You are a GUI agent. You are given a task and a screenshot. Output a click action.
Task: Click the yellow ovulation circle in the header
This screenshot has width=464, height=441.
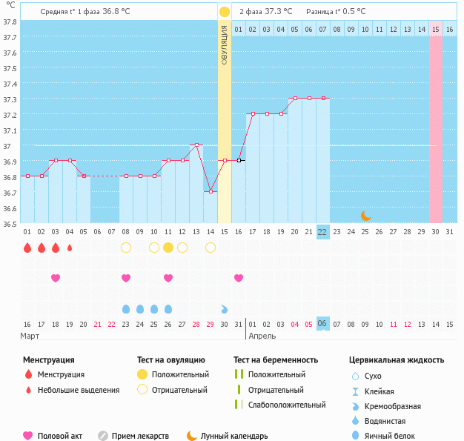(224, 12)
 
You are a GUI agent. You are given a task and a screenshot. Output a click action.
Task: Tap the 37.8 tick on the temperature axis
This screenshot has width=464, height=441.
(10, 21)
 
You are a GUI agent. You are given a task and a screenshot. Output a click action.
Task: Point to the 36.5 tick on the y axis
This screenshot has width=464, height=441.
(10, 223)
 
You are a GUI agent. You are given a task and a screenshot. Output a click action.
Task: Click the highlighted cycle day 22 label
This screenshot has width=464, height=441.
(322, 232)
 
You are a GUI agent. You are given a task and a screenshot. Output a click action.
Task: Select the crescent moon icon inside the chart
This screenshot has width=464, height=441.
(365, 216)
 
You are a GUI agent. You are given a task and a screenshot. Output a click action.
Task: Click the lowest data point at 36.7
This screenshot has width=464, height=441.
(211, 191)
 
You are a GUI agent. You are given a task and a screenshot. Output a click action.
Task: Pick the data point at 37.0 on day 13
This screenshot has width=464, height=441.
(196, 145)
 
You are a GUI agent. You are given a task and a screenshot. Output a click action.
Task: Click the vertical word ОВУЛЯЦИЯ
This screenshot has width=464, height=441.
(224, 44)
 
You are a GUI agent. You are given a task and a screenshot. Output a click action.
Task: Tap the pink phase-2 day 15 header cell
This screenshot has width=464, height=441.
(436, 29)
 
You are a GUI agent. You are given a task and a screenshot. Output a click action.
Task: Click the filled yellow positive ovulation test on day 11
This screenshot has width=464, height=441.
(168, 248)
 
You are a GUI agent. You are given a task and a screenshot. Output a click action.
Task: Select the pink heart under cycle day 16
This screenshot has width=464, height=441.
(239, 278)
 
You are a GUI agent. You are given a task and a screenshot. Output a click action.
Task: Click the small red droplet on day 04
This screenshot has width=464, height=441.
(70, 248)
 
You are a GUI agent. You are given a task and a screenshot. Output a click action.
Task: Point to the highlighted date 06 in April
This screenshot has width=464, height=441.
(322, 324)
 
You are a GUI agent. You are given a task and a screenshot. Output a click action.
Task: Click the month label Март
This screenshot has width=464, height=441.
(30, 336)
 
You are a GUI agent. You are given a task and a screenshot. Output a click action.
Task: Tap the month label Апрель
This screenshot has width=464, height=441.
(262, 336)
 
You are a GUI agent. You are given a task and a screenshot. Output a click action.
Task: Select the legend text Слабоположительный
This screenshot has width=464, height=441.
(287, 405)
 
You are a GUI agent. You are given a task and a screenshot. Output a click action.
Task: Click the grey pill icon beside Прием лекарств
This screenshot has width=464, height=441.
(103, 436)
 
